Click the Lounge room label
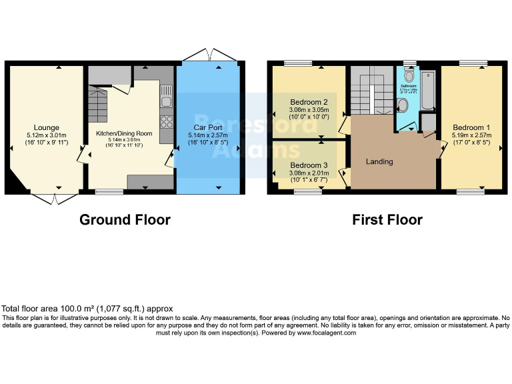click(x=47, y=127)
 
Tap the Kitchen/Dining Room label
click(x=125, y=133)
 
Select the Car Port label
click(x=207, y=127)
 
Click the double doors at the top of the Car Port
click(x=209, y=55)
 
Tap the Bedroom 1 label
click(x=471, y=127)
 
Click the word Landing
click(x=379, y=161)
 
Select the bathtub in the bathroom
click(x=428, y=90)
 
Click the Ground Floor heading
click(x=125, y=219)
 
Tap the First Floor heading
click(x=387, y=219)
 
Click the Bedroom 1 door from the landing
click(x=441, y=149)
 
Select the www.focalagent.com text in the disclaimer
click(x=326, y=333)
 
